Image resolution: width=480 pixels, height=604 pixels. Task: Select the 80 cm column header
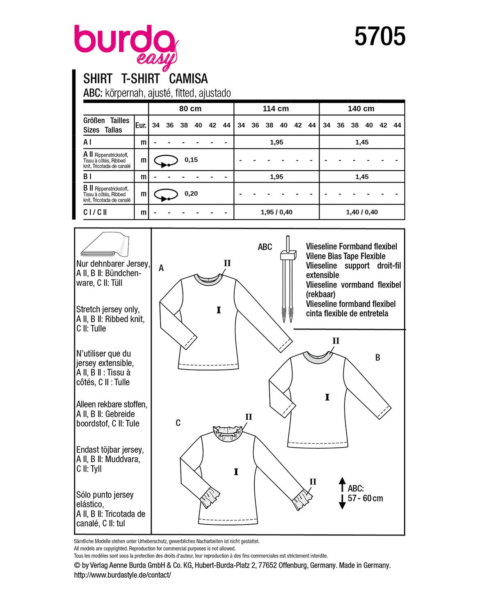190,109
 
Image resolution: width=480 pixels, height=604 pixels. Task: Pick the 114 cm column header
276,109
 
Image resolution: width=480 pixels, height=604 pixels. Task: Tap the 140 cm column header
361,109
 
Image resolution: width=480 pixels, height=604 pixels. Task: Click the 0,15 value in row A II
191,160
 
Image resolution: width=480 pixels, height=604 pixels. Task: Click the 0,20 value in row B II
191,194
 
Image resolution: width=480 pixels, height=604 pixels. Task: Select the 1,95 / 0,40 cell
277,212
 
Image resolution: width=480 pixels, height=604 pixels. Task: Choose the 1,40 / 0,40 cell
362,212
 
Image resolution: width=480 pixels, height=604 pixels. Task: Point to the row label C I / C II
95,212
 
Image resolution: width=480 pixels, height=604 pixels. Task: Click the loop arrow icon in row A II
166,160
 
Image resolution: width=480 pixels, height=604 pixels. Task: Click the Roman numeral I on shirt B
327,397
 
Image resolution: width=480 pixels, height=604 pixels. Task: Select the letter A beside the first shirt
161,268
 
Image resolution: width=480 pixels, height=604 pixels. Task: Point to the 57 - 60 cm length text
365,498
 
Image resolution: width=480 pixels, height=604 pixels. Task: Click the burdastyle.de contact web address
122,575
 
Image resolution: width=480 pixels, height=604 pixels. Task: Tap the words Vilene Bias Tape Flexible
345,256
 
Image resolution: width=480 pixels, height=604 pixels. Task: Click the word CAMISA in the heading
188,78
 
